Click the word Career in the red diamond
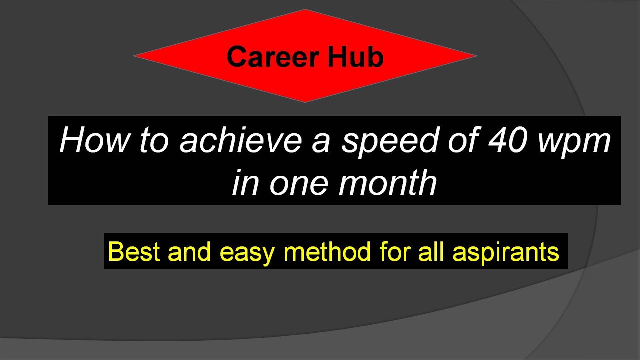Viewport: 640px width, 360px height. coord(273,57)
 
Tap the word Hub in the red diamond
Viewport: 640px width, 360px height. coord(355,57)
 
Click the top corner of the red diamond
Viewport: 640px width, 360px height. coord(304,11)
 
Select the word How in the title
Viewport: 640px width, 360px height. coord(94,141)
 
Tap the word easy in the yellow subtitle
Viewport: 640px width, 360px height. coord(247,252)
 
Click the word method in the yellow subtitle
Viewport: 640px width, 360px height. coord(327,251)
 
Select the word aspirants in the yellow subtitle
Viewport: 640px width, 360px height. coord(506,252)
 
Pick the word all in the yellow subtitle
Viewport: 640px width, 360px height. coord(433,251)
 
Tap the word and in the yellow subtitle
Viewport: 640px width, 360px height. coord(190,251)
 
